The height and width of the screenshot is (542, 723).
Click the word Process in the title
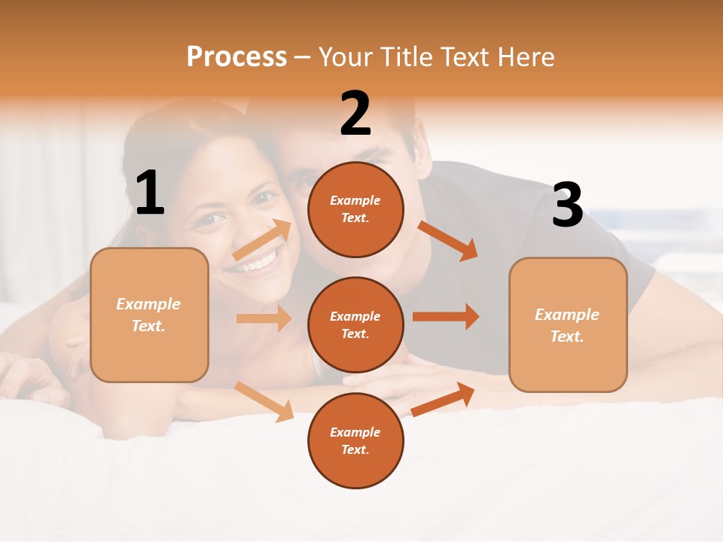[236, 57]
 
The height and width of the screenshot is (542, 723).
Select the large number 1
[150, 193]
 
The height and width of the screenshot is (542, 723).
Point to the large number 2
[355, 114]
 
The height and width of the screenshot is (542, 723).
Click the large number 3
[568, 205]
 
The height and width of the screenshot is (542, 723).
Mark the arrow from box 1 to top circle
[263, 240]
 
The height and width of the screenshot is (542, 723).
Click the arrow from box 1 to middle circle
[264, 318]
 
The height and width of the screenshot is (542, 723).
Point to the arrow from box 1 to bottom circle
[264, 401]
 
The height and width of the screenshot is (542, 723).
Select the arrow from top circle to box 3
[448, 240]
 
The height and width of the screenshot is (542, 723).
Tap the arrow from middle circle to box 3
[446, 316]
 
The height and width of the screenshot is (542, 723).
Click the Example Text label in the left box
[148, 315]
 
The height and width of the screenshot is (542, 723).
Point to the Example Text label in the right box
[567, 325]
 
